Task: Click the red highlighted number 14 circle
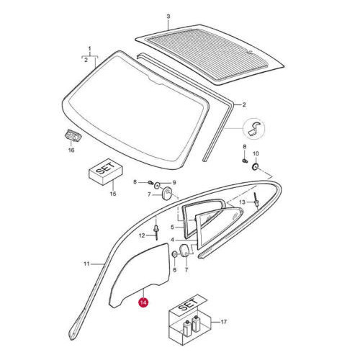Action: point(143,302)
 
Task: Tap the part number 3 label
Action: point(168,17)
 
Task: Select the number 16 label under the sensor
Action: point(71,150)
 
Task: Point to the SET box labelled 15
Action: point(106,171)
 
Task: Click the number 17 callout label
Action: point(224,322)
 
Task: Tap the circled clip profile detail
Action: point(254,129)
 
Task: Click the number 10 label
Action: point(256,153)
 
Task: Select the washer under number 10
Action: point(256,166)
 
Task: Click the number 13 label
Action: point(243,202)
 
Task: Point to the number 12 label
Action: point(142,235)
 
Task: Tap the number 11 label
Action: point(86,264)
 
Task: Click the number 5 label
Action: point(172,227)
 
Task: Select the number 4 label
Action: point(172,240)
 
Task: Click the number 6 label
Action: point(174,270)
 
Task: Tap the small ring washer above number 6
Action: point(175,254)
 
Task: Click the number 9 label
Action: point(174,183)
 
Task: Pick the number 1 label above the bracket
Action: point(90,49)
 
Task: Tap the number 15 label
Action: point(113,194)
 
